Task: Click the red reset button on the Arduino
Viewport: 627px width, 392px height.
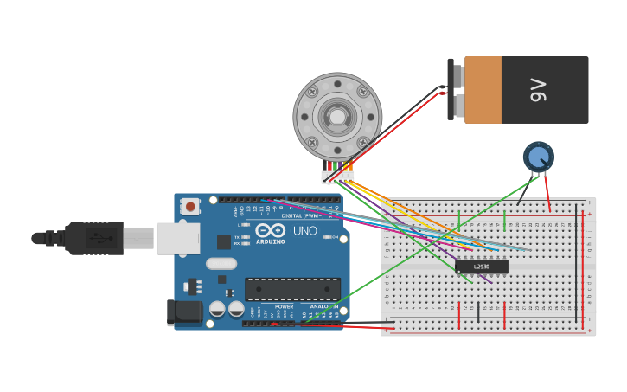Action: pos(189,206)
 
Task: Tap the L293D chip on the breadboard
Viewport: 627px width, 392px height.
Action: pos(482,267)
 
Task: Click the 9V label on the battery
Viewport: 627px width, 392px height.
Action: pos(538,90)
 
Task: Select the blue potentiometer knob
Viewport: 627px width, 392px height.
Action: pos(538,157)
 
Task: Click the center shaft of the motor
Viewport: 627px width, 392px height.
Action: pos(337,116)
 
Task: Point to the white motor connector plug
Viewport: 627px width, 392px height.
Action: pos(337,177)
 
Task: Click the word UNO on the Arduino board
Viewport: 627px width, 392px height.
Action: pos(305,231)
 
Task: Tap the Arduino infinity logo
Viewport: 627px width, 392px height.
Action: pos(270,230)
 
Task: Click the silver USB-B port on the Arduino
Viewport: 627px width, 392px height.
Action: pos(178,238)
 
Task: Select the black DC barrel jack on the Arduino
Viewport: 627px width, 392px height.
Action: pos(184,312)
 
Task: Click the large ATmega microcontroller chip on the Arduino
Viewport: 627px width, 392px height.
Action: pos(292,289)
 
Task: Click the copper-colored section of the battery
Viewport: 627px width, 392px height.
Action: pos(483,90)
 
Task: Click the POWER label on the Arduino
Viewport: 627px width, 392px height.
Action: pos(284,306)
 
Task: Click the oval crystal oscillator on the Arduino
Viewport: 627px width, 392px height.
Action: pos(221,263)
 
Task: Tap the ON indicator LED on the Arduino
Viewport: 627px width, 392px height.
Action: pos(328,237)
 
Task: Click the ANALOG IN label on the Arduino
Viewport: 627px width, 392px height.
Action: pos(324,306)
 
